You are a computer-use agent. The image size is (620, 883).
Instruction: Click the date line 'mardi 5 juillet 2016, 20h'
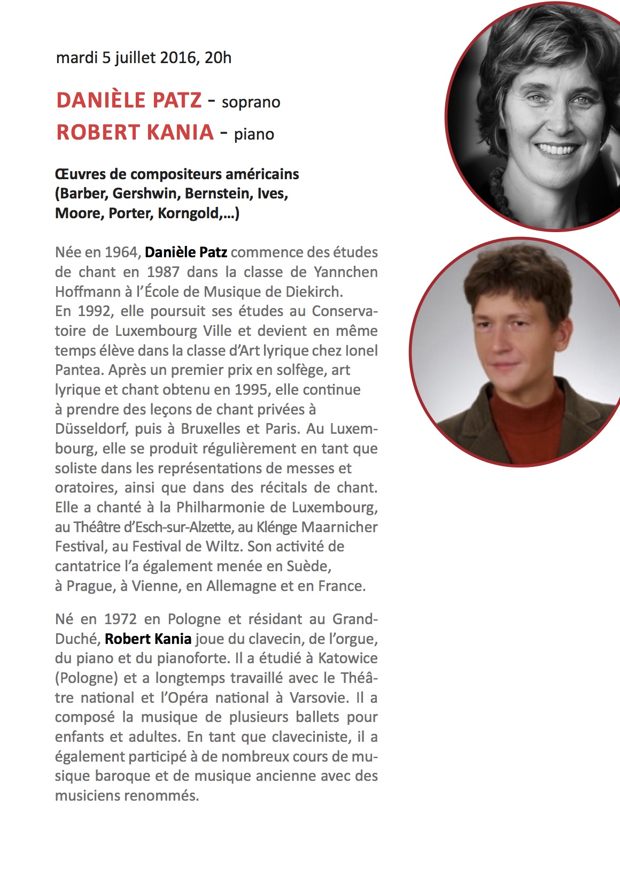pyautogui.click(x=144, y=57)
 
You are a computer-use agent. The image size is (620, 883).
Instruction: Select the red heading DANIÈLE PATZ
pyautogui.click(x=129, y=101)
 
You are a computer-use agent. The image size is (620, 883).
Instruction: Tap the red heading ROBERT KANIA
pyautogui.click(x=135, y=133)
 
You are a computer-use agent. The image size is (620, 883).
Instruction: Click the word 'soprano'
pyautogui.click(x=251, y=102)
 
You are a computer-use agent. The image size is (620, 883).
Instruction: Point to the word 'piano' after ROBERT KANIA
pyautogui.click(x=254, y=134)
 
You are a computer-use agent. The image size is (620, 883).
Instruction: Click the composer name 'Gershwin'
pyautogui.click(x=144, y=194)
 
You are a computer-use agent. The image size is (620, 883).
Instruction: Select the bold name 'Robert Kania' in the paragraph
pyautogui.click(x=148, y=639)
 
